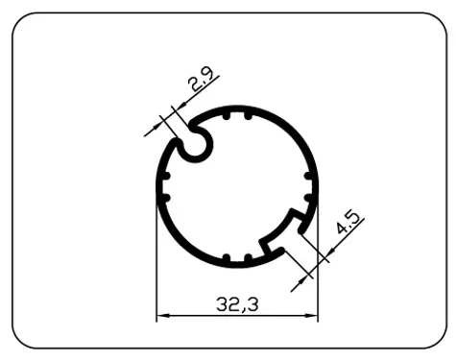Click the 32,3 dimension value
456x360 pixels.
237,305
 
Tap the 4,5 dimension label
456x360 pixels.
348,229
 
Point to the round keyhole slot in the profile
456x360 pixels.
195,144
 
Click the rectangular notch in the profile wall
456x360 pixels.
287,237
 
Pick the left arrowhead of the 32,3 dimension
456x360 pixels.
162,315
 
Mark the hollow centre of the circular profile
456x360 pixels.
237,186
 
